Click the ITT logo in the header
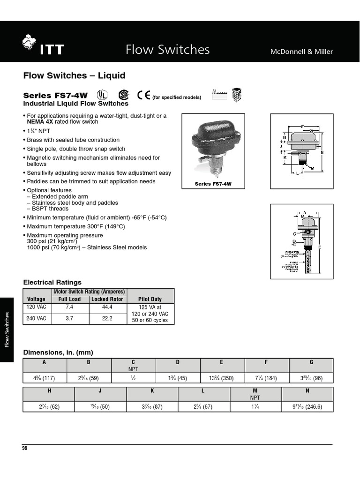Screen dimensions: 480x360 coord(43,47)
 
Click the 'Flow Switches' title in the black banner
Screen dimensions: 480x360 coord(167,50)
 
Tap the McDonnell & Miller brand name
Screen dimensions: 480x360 coord(301,52)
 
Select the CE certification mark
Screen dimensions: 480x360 coord(143,95)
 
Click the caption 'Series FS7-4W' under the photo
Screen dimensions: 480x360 coord(213,184)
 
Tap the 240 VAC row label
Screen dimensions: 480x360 coord(37,318)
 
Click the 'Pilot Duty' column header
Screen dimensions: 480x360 coord(150,299)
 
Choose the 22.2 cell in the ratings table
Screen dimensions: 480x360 coord(107,318)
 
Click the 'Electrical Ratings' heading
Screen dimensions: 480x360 coord(52,282)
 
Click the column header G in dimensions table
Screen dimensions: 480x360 coord(311,362)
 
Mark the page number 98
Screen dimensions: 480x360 coord(25,448)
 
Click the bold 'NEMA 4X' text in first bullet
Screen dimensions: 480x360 coord(40,121)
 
